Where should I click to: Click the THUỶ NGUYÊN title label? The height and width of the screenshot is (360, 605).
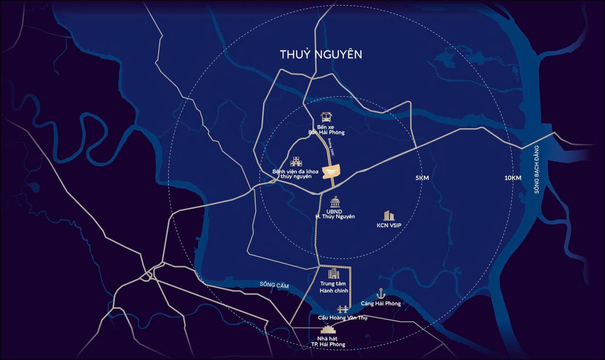322,54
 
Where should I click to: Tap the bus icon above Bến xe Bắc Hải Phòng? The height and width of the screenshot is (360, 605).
327,117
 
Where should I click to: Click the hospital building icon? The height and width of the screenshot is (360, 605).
296,161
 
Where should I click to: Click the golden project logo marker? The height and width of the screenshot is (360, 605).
331,172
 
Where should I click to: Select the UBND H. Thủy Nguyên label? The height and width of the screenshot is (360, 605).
332,213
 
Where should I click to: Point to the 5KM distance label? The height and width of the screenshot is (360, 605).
422,178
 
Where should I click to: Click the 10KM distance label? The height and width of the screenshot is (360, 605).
512,178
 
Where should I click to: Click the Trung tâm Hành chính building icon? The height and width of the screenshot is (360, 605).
333,274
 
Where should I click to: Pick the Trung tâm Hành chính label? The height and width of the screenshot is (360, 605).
331,287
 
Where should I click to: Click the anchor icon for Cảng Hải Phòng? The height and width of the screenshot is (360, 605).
381,293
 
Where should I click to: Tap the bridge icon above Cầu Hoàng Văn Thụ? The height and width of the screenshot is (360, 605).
343,309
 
